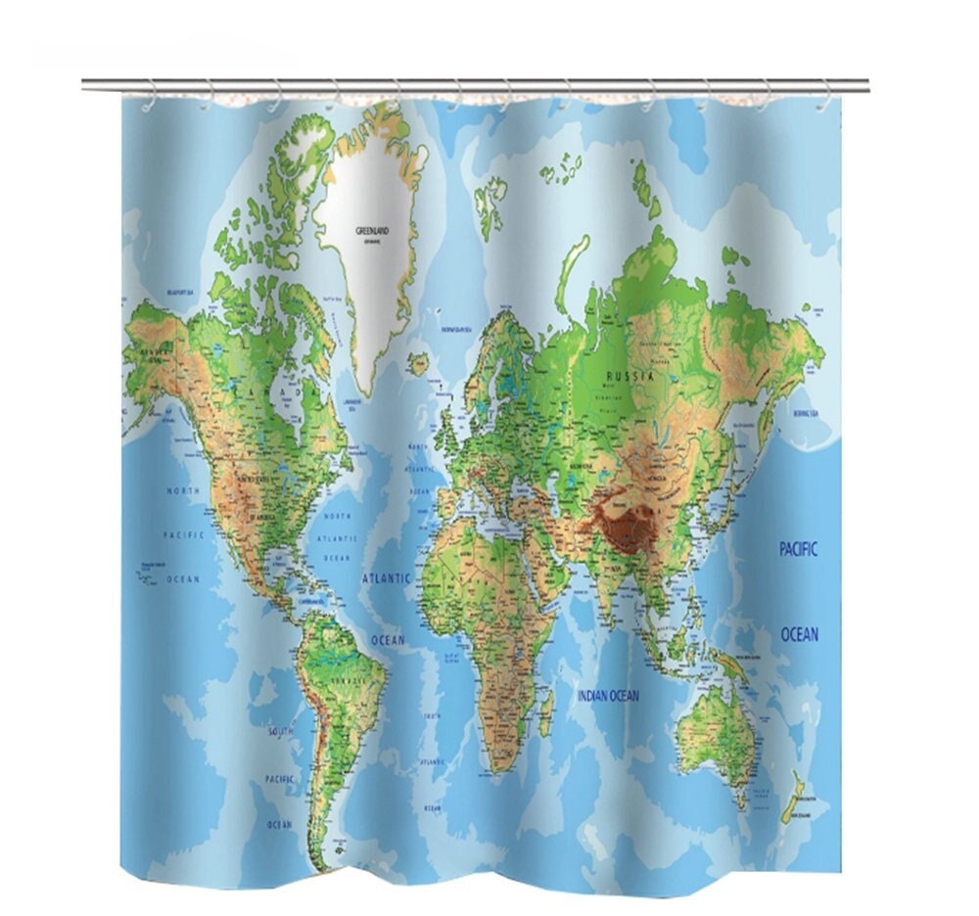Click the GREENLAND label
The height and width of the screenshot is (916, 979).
click(373, 231)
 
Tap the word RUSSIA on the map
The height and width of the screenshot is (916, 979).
click(628, 376)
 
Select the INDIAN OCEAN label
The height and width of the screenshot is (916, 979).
click(607, 696)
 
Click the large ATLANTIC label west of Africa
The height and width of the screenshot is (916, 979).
click(387, 578)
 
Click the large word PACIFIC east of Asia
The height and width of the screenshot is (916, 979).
click(798, 549)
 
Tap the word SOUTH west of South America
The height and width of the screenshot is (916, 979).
click(280, 730)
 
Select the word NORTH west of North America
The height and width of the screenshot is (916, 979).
click(182, 489)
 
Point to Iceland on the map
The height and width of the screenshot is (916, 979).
click(419, 364)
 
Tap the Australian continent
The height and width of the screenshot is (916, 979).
click(716, 730)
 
